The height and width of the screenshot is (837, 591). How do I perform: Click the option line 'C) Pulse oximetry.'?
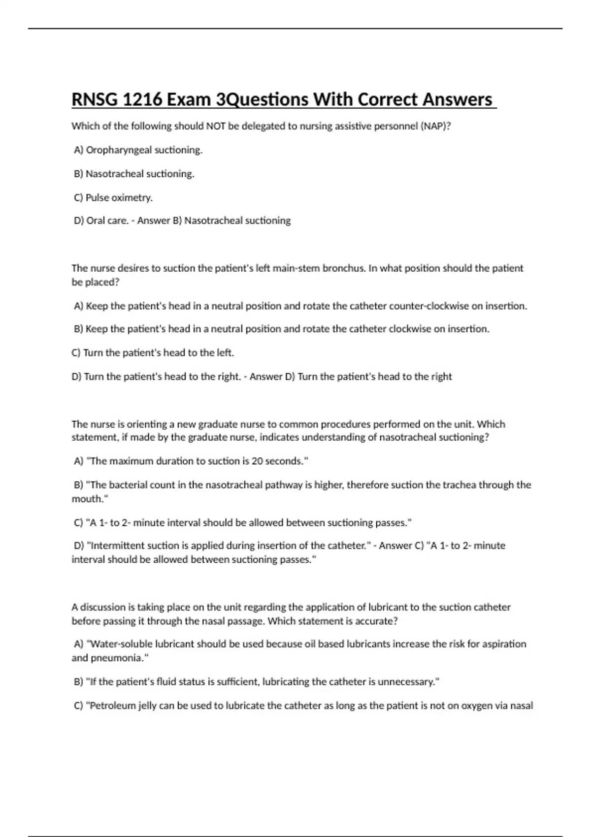point(113,198)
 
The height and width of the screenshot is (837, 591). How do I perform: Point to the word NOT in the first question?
point(216,126)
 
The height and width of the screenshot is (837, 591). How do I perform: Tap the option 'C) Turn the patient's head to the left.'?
point(153,353)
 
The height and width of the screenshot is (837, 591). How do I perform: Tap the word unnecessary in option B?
point(406,682)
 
